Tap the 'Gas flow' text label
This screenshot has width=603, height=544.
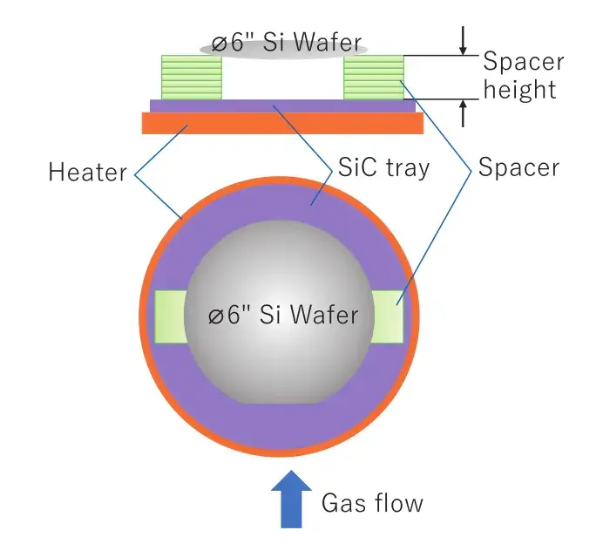pyautogui.click(x=372, y=503)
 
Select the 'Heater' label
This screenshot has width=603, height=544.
pyautogui.click(x=88, y=172)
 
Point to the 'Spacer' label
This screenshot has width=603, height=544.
pyautogui.click(x=518, y=167)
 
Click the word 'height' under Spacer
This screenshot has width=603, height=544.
pyautogui.click(x=519, y=89)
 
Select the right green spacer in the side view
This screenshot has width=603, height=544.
pyautogui.click(x=374, y=78)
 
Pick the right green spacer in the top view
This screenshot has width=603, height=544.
pyautogui.click(x=388, y=316)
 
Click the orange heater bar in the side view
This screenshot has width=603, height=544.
pyautogui.click(x=282, y=124)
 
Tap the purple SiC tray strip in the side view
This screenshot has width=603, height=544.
pyautogui.click(x=282, y=105)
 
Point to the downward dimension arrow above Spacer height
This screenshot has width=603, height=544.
pyautogui.click(x=464, y=37)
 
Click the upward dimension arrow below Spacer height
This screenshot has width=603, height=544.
pyautogui.click(x=464, y=112)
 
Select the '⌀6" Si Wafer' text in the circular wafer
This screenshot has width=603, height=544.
pyautogui.click(x=282, y=315)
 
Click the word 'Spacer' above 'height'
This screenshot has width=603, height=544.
pyautogui.click(x=523, y=63)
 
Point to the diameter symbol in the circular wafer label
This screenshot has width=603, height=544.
pyautogui.click(x=216, y=316)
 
